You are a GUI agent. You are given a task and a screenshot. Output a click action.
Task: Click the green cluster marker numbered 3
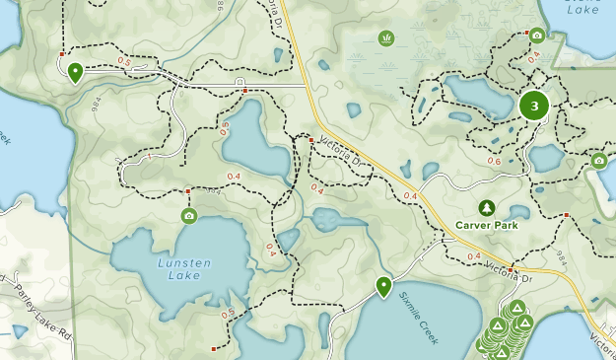tap(534, 106)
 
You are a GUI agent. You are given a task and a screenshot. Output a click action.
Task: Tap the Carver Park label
tap(487, 225)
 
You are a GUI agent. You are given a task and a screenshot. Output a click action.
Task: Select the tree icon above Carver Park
tap(486, 207)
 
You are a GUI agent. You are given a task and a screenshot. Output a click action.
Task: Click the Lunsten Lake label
tap(179, 269)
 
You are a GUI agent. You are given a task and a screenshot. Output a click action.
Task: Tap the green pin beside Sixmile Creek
tap(383, 286)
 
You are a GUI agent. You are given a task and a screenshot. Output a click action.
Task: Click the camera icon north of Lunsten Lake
tap(188, 216)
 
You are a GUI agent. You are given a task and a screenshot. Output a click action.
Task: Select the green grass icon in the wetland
tap(385, 38)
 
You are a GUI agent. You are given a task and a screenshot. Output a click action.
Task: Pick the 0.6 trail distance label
tap(494, 162)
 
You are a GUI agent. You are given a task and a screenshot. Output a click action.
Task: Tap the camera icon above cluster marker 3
tap(536, 36)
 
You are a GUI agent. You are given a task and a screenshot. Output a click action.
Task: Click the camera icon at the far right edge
tap(598, 160)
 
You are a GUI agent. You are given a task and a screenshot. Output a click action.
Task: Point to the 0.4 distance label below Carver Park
tap(473, 256)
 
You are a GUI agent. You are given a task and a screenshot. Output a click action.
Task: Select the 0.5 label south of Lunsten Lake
tap(228, 315)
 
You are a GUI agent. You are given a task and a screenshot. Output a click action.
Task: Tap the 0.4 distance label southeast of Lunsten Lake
tap(271, 249)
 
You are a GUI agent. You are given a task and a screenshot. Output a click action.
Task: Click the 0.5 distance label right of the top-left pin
tap(124, 61)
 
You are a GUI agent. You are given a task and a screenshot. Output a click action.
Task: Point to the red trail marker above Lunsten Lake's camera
tap(188, 191)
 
